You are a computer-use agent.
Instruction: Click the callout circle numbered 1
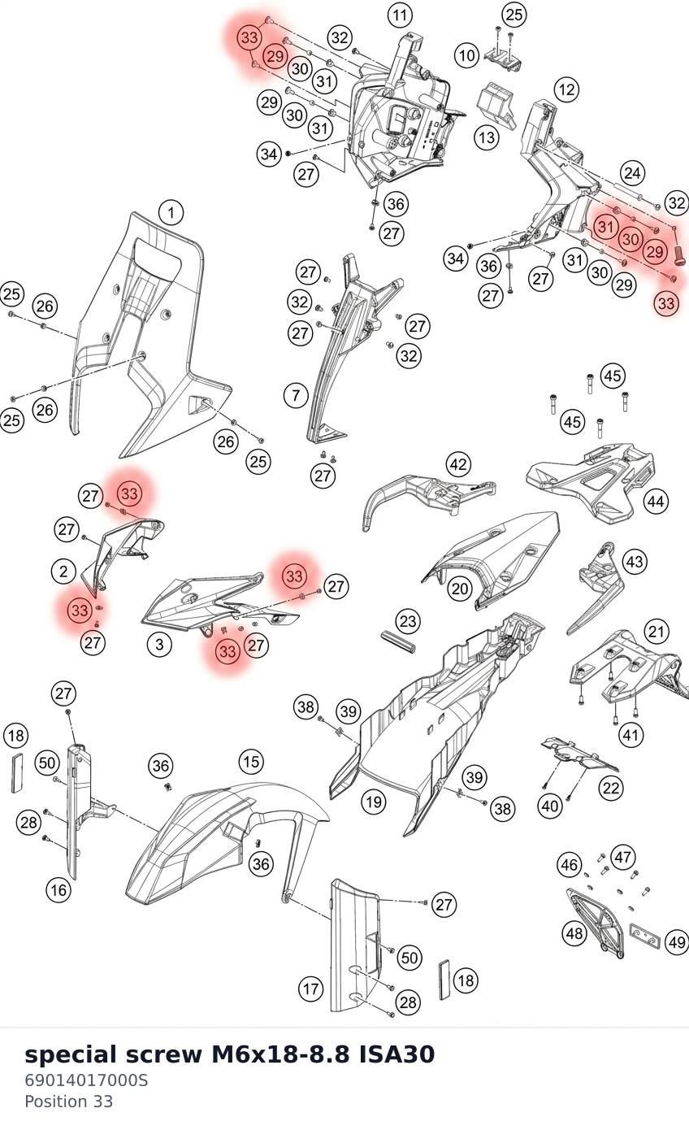[x=171, y=213]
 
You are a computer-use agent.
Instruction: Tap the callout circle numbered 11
[x=400, y=15]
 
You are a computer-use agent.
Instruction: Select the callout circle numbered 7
[x=296, y=395]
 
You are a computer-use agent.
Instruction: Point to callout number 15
[x=251, y=761]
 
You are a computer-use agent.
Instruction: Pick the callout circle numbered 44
[x=656, y=502]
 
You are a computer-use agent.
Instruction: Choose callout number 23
[x=408, y=621]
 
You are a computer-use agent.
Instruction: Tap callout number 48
[x=574, y=933]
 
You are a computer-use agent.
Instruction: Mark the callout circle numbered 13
[x=487, y=137]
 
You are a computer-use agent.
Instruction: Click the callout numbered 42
[x=458, y=464]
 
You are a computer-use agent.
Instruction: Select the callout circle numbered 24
[x=632, y=173]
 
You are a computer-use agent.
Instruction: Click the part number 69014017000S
[x=86, y=1080]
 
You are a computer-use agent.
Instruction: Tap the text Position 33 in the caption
[x=68, y=1102]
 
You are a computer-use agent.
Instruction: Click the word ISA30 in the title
[x=396, y=1055]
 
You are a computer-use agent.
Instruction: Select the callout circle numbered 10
[x=466, y=54]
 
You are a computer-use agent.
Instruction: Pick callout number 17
[x=310, y=989]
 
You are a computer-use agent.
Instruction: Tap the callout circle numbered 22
[x=611, y=788]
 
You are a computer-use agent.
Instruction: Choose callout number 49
[x=676, y=942]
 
